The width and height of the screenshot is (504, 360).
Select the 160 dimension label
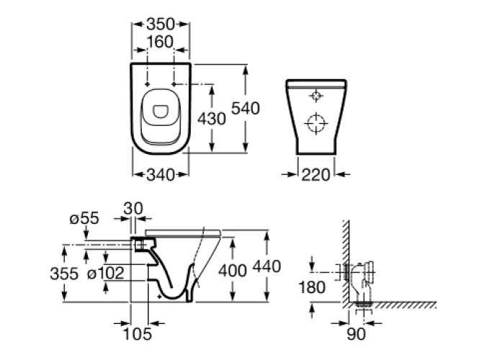160,41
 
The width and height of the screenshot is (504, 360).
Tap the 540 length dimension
245,108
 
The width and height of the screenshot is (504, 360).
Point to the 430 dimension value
212,118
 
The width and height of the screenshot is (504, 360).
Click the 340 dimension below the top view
160,174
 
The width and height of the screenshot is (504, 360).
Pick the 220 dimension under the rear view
316,174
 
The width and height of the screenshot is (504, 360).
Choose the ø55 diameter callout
86,218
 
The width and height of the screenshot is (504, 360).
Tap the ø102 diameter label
105,274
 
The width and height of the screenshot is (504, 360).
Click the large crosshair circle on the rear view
316,124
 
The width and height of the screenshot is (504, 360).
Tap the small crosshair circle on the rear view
316,95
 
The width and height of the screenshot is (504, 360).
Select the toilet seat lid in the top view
160,109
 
